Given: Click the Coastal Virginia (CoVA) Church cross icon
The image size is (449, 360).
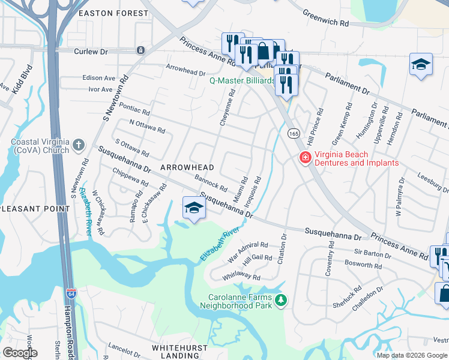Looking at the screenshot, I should point(79,145).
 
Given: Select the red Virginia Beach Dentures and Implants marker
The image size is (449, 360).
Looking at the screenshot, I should point(306,158).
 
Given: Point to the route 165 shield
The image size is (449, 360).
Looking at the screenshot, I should point(293,133).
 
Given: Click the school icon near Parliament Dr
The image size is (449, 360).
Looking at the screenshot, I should point(421,64).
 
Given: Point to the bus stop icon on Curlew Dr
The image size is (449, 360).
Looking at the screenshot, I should point(140,50).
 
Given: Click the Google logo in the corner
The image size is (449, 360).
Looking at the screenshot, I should point(20,353).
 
